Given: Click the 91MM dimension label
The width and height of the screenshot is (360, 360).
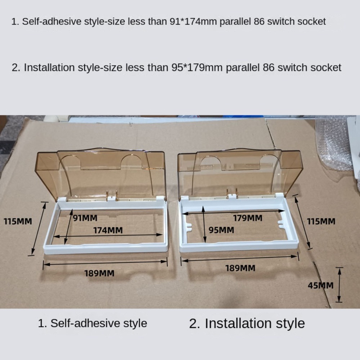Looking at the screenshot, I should [x=85, y=217].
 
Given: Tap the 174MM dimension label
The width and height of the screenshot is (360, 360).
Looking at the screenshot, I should [x=108, y=230].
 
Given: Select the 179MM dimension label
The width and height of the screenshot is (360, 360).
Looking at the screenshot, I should [x=248, y=218].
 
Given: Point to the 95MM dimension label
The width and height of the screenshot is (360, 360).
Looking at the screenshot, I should [x=221, y=230].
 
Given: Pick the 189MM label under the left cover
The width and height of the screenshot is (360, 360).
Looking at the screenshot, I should [x=99, y=273].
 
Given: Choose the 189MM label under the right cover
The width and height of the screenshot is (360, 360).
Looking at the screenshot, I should [x=240, y=268].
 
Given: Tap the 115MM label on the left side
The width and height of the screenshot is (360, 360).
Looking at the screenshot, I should [x=18, y=221].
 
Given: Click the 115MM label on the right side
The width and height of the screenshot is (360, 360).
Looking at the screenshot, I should [x=321, y=221].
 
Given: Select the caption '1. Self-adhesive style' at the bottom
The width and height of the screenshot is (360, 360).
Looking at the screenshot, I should [x=93, y=323].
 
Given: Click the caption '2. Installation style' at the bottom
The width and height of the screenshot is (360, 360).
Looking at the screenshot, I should [x=247, y=323].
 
